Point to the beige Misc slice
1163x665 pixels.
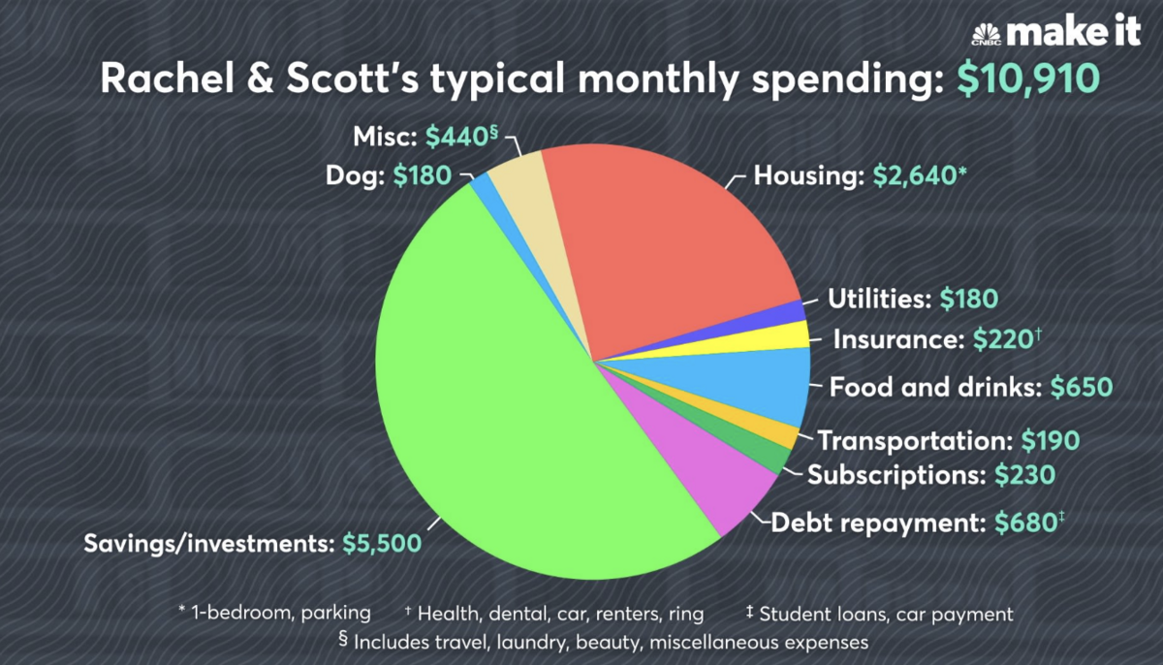[x=514, y=174]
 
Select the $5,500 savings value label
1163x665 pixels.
[x=382, y=543]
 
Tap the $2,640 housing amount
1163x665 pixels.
[x=912, y=176]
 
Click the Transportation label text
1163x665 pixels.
[x=915, y=441]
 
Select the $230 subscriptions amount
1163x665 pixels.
[x=1024, y=475]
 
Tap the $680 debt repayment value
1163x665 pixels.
[x=1024, y=524]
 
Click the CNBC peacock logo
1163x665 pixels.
[x=987, y=35]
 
